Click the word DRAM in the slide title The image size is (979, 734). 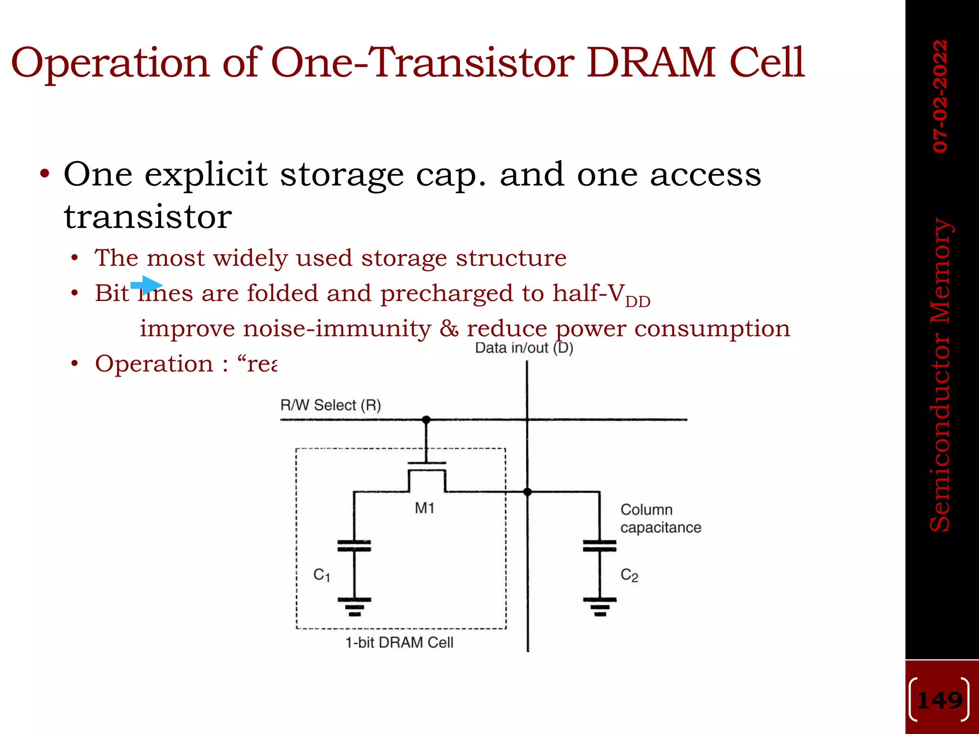point(650,63)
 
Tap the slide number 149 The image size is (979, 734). point(940,701)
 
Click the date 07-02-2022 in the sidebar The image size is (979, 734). point(940,96)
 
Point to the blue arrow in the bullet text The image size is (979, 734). point(147,285)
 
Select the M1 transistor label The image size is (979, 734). point(424,508)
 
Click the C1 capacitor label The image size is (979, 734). point(322,575)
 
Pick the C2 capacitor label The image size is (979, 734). point(629,575)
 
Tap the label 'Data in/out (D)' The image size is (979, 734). point(524,348)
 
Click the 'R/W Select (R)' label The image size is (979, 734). point(331,405)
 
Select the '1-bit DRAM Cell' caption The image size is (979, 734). point(399,643)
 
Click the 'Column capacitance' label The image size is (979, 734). point(661,518)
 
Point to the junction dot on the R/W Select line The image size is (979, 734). point(426,420)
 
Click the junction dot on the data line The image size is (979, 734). point(528,492)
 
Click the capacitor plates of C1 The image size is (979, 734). point(354,546)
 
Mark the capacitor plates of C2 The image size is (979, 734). point(599,546)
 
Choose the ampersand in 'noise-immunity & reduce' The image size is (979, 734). point(449,329)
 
